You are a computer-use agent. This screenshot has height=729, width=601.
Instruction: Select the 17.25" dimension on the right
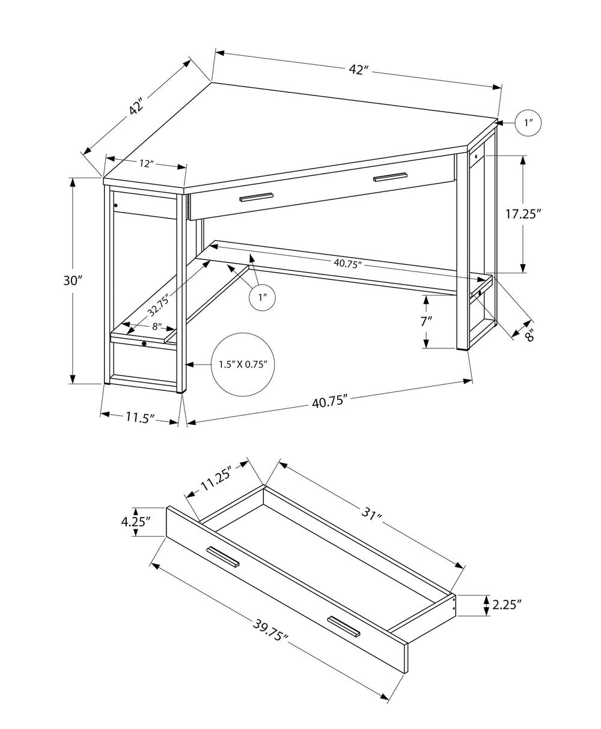(x=523, y=214)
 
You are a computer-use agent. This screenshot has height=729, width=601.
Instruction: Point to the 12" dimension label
(x=146, y=163)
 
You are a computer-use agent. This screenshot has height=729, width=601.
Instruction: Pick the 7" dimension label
(x=426, y=321)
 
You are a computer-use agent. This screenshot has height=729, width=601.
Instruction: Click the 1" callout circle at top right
(x=528, y=123)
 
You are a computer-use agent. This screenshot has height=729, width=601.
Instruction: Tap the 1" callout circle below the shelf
(x=262, y=297)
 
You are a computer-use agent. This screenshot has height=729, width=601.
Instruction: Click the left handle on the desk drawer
(x=257, y=198)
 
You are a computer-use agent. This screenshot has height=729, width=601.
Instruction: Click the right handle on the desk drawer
(x=389, y=177)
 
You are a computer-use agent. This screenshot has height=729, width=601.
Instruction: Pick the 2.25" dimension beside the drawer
(x=506, y=605)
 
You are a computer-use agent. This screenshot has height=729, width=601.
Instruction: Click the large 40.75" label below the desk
(x=331, y=402)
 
